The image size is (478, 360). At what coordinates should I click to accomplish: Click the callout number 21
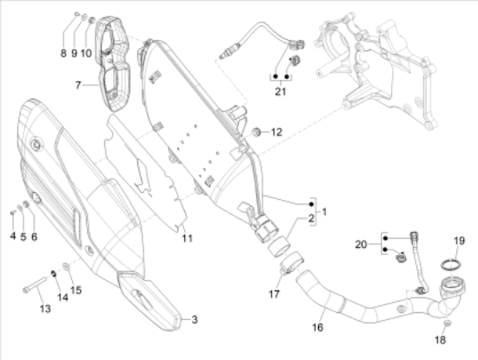281,91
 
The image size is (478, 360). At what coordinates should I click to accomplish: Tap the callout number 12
276,132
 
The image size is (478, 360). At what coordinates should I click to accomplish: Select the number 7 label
78,85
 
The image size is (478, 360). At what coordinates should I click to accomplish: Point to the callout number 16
317,327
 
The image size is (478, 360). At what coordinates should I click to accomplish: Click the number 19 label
459,241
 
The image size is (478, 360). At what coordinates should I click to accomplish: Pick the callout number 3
195,320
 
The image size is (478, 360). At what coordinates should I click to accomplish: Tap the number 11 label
188,238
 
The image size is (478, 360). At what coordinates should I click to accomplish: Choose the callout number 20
361,244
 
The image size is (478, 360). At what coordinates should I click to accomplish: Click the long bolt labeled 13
35,283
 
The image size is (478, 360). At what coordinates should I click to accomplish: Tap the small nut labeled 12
256,132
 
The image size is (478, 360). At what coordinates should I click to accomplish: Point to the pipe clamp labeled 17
292,262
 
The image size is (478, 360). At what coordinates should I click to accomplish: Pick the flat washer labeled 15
66,266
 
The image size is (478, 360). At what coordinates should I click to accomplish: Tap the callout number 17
274,294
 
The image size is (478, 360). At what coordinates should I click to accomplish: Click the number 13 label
45,309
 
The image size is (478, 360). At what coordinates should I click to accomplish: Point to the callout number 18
440,340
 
